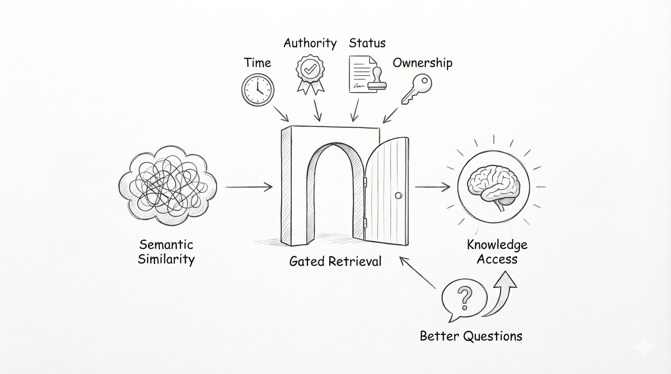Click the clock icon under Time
pos(257,90)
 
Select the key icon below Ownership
pos(415,89)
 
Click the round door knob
pos(398,195)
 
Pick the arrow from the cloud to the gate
pos(249,187)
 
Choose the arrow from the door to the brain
pos(433,186)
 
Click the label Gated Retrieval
pos(335,261)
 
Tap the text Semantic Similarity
pos(166,252)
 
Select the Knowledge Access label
pos(497,252)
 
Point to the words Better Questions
pos(471,336)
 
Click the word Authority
pos(310,43)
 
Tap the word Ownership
pos(422,63)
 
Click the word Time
pos(257,63)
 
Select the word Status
pos(367,43)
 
